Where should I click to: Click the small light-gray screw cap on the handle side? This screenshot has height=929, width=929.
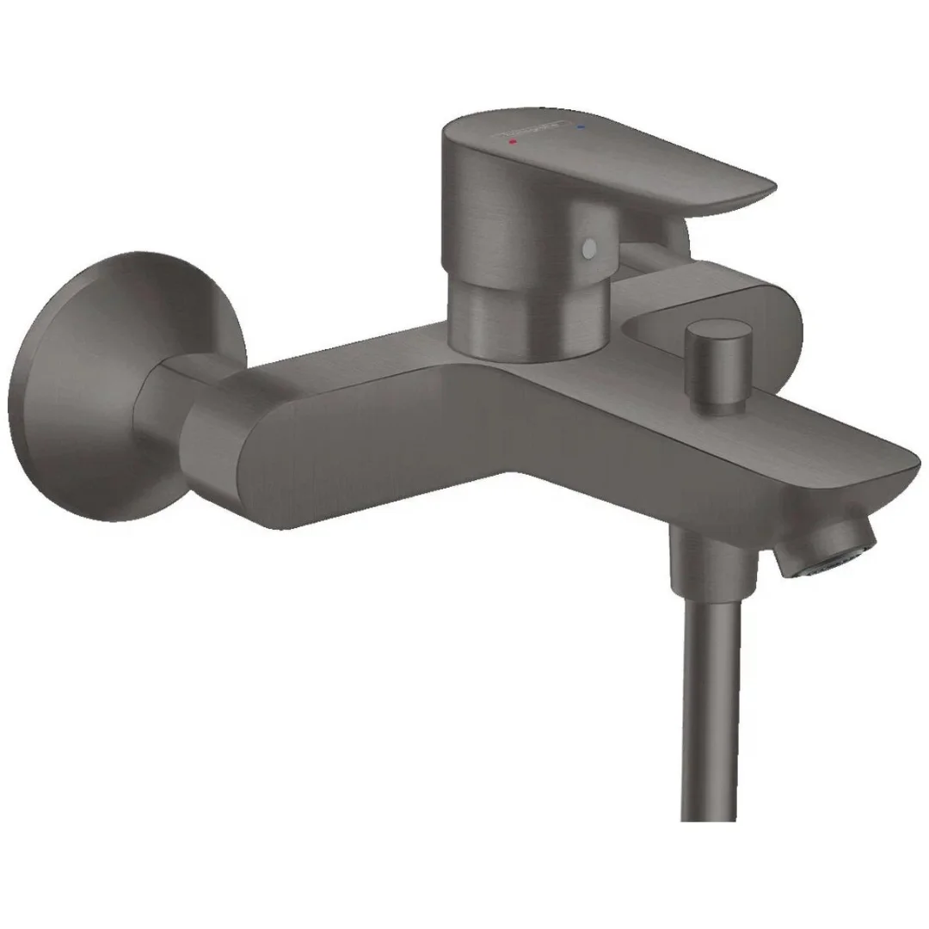(588, 249)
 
